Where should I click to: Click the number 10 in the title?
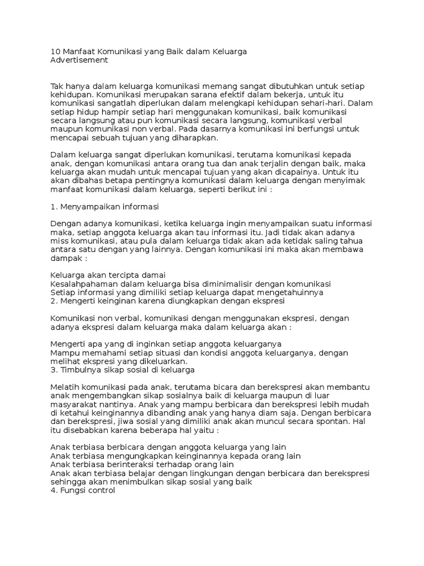[55, 52]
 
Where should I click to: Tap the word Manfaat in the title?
[80, 52]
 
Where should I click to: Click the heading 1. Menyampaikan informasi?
[104, 206]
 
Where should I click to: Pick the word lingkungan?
[207, 473]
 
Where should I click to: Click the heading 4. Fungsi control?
[82, 490]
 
